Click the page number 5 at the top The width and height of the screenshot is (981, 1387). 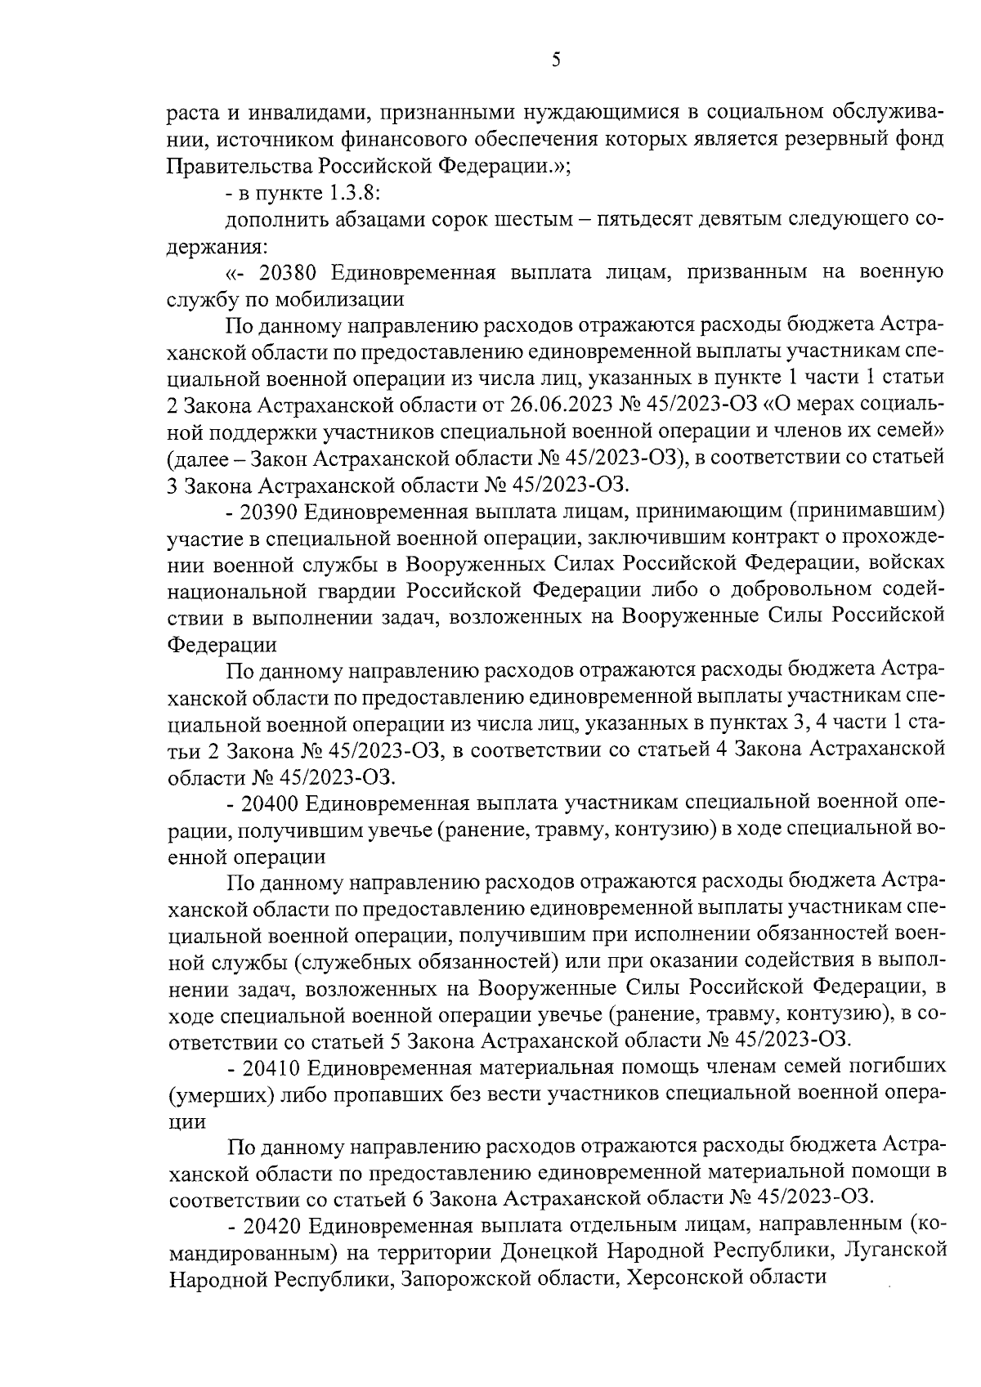pos(556,60)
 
